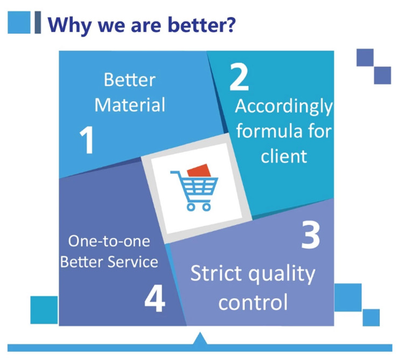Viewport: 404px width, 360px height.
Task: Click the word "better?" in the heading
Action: tap(202, 24)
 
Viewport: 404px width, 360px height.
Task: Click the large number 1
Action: tap(87, 140)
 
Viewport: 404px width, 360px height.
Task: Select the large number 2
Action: tap(239, 77)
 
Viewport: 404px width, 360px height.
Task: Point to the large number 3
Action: tap(310, 236)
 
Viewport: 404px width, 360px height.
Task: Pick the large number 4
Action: tap(155, 299)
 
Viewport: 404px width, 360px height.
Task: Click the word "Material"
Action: tap(130, 105)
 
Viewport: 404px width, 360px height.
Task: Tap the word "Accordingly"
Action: tap(284, 107)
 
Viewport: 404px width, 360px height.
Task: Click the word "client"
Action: tap(284, 156)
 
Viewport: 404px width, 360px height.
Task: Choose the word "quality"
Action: tap(282, 275)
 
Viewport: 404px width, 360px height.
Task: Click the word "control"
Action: tap(253, 302)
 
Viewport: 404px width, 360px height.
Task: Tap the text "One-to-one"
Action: tap(109, 241)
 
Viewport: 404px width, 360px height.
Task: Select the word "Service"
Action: tap(133, 262)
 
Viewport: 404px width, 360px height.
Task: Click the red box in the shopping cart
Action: tap(199, 171)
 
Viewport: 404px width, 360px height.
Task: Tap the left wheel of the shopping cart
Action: tap(191, 206)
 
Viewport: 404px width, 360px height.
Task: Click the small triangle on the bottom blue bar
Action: tap(200, 338)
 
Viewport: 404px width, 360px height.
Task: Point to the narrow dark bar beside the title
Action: tap(38, 23)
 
